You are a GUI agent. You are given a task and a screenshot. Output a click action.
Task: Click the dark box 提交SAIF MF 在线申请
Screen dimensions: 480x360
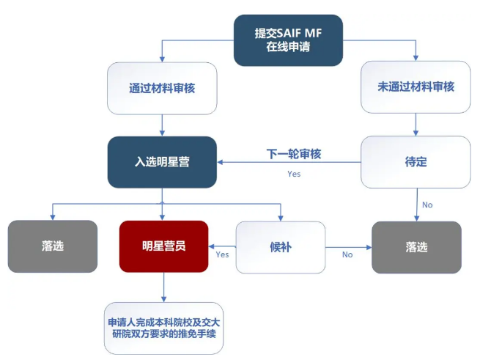click(288, 40)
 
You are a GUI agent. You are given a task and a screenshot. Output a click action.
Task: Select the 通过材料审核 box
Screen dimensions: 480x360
click(162, 88)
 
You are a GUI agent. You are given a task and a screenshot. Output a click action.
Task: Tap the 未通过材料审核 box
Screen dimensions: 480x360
click(416, 87)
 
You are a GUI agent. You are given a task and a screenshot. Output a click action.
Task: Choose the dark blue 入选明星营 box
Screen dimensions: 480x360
click(162, 162)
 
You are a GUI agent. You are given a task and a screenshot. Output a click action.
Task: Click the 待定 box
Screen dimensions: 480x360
click(416, 162)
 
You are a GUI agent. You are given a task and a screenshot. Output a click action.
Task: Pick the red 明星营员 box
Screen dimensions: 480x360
click(163, 246)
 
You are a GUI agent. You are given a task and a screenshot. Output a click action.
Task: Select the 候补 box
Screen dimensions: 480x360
click(281, 247)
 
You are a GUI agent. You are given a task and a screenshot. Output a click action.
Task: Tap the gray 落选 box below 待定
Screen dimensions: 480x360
click(416, 247)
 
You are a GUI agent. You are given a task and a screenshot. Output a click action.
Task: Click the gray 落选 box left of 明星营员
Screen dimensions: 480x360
click(53, 246)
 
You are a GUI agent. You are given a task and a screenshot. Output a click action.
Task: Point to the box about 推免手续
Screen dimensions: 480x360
click(163, 328)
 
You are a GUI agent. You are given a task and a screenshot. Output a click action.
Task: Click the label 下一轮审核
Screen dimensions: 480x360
click(294, 154)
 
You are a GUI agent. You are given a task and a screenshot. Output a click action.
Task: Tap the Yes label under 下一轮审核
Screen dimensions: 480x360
click(294, 174)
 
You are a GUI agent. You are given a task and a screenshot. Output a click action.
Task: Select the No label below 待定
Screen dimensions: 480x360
click(427, 205)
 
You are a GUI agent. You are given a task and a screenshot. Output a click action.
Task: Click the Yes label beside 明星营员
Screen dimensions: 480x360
click(222, 254)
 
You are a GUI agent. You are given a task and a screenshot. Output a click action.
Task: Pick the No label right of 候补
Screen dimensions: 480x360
click(347, 254)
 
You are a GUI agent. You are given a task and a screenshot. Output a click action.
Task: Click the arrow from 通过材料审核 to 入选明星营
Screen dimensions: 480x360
click(162, 125)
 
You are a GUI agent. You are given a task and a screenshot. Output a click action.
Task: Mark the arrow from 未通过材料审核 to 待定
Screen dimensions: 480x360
click(416, 125)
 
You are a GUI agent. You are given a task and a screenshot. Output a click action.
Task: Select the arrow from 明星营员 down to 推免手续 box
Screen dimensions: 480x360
click(163, 287)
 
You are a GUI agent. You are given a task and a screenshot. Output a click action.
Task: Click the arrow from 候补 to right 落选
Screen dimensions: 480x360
click(348, 247)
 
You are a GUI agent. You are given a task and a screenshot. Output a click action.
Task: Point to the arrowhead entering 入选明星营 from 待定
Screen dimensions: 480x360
click(220, 162)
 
